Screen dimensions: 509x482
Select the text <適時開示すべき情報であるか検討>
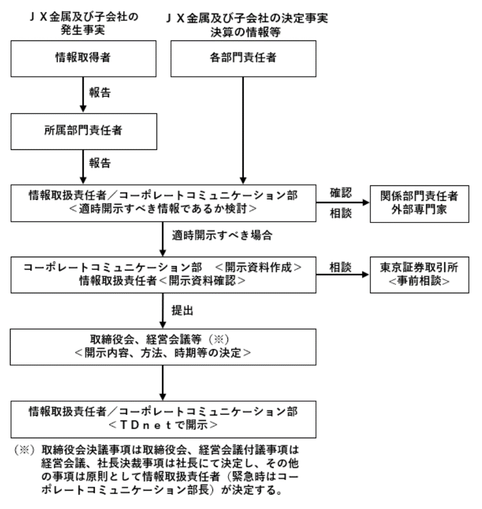(x=162, y=210)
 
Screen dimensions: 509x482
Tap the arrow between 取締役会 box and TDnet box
(x=162, y=383)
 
